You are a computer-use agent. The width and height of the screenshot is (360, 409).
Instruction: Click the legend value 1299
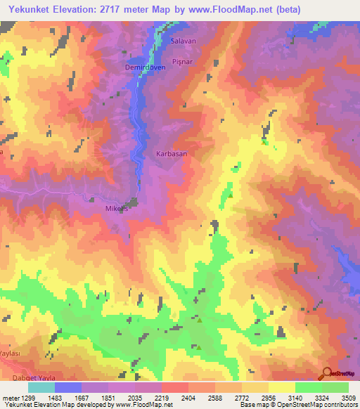23,397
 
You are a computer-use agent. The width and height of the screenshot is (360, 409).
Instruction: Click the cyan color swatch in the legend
41,387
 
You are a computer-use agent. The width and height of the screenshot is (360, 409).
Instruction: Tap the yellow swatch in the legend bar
282,387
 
